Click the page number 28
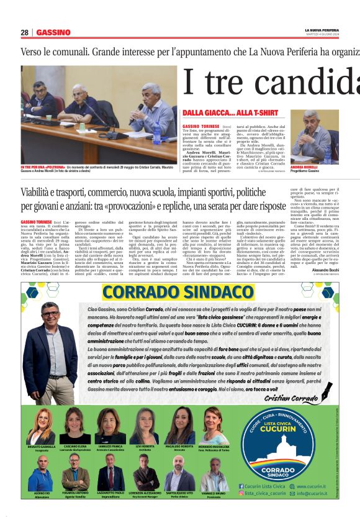coord(25,32)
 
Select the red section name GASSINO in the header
coord(53,32)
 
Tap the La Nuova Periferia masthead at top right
coord(322,29)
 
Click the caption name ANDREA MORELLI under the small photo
coord(305,168)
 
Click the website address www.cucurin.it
coord(311,486)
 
